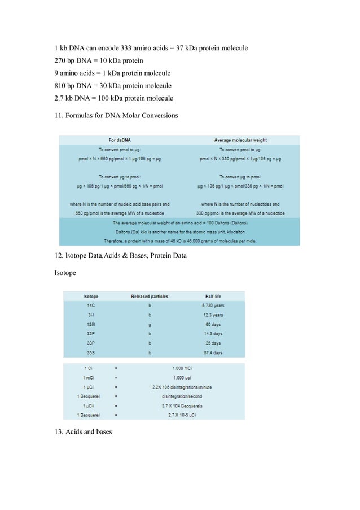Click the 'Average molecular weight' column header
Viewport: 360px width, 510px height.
[240, 140]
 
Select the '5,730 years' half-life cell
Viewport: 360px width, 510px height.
[213, 305]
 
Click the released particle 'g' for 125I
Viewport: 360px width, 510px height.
[150, 324]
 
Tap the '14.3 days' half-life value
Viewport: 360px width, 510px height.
[213, 334]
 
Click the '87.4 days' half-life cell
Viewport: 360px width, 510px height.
[213, 353]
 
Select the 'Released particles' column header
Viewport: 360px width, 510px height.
[150, 296]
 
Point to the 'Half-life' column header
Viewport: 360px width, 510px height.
[213, 296]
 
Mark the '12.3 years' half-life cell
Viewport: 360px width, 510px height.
[213, 315]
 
